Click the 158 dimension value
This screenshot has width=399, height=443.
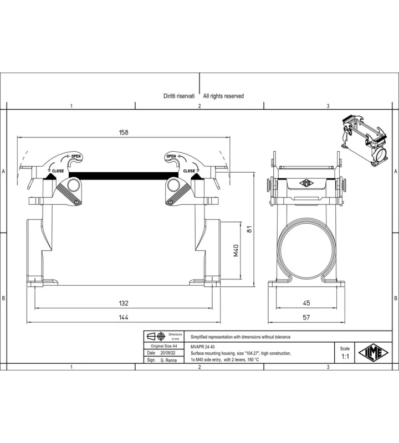124,132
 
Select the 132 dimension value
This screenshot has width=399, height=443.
124,303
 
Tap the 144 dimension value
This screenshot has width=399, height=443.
124,317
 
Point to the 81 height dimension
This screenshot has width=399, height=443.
249,229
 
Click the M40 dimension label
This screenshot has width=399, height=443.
236,250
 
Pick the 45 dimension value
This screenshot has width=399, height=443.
306,303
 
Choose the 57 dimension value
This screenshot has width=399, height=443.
306,317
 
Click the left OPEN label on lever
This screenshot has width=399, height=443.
76,156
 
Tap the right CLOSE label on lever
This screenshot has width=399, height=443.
189,171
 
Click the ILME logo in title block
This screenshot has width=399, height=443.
374,353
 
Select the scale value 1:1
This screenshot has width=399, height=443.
345,357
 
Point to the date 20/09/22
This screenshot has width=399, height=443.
168,353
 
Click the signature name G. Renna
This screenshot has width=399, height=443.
168,360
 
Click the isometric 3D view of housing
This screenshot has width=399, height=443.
364,141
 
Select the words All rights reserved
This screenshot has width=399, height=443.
223,96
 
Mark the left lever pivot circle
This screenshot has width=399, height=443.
73,186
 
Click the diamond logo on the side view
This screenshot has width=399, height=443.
306,183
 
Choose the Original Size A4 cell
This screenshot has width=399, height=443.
163,346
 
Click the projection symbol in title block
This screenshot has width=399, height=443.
156,337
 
